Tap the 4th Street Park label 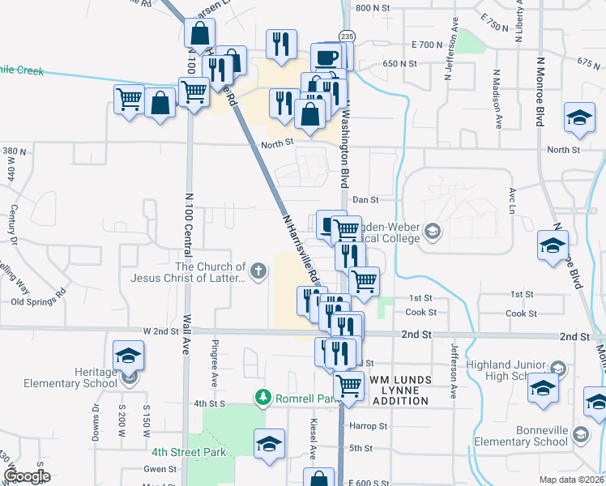tap(188, 452)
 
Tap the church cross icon tap(258, 271)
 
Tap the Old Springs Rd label tap(39, 301)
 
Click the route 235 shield tap(347, 36)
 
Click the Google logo tap(26, 475)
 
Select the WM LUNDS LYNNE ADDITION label tap(408, 386)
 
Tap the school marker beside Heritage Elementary tap(128, 356)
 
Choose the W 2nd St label tap(160, 331)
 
